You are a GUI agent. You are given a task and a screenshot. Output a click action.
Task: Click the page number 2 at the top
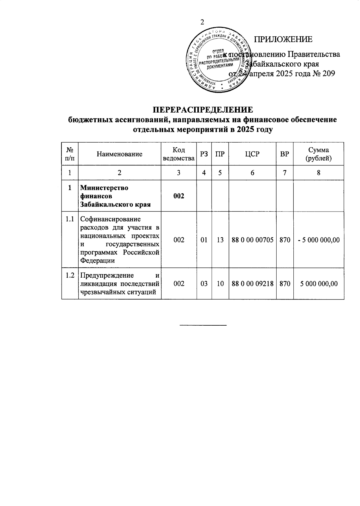tap(202, 22)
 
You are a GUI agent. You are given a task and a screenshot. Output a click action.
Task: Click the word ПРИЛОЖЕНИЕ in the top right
tap(283, 39)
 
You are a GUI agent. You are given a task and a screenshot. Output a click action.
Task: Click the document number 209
tap(328, 74)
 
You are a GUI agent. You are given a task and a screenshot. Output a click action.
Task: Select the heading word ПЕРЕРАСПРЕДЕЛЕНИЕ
tap(202, 109)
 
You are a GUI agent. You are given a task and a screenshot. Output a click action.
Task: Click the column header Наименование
tap(119, 154)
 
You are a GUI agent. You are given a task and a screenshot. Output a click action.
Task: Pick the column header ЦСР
tap(252, 154)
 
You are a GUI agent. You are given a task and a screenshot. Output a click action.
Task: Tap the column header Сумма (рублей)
tap(318, 154)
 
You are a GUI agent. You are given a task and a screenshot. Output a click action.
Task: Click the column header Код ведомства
tap(178, 154)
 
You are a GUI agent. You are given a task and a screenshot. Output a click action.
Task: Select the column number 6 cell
tap(252, 173)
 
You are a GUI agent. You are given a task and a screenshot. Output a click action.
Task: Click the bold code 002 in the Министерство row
tap(178, 196)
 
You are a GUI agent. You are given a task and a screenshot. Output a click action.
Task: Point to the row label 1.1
tap(70, 219)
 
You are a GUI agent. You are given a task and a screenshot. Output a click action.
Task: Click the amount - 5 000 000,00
tap(318, 240)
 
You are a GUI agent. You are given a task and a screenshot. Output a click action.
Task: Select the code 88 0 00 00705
tap(252, 240)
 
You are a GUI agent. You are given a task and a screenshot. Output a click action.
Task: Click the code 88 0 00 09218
tap(252, 284)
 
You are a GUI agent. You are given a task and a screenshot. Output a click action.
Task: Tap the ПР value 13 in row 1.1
tap(220, 240)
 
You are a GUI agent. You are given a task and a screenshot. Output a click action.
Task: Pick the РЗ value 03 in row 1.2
tap(204, 284)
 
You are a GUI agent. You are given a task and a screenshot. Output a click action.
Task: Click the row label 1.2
tap(70, 275)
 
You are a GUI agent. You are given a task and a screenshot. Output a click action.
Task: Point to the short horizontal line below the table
tap(203, 325)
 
